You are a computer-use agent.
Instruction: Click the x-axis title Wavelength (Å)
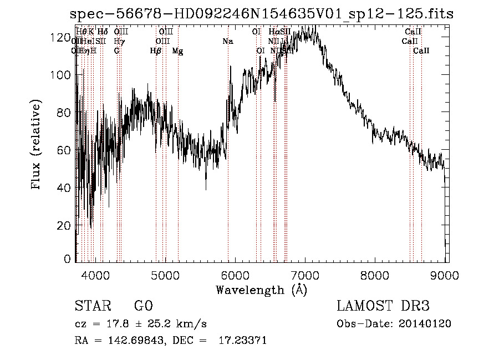(261, 290)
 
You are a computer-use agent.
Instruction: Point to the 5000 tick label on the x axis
(165, 275)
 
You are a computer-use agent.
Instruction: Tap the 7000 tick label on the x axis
(305, 275)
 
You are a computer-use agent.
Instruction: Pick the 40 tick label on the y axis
(64, 187)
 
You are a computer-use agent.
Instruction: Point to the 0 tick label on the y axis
(68, 259)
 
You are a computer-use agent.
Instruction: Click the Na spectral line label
(228, 42)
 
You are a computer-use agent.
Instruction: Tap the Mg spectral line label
(177, 51)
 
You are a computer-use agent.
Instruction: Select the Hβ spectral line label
(156, 51)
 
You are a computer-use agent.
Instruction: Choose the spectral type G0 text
(143, 306)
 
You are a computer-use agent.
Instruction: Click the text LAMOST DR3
(383, 306)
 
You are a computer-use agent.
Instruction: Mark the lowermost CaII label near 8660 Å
(421, 51)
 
